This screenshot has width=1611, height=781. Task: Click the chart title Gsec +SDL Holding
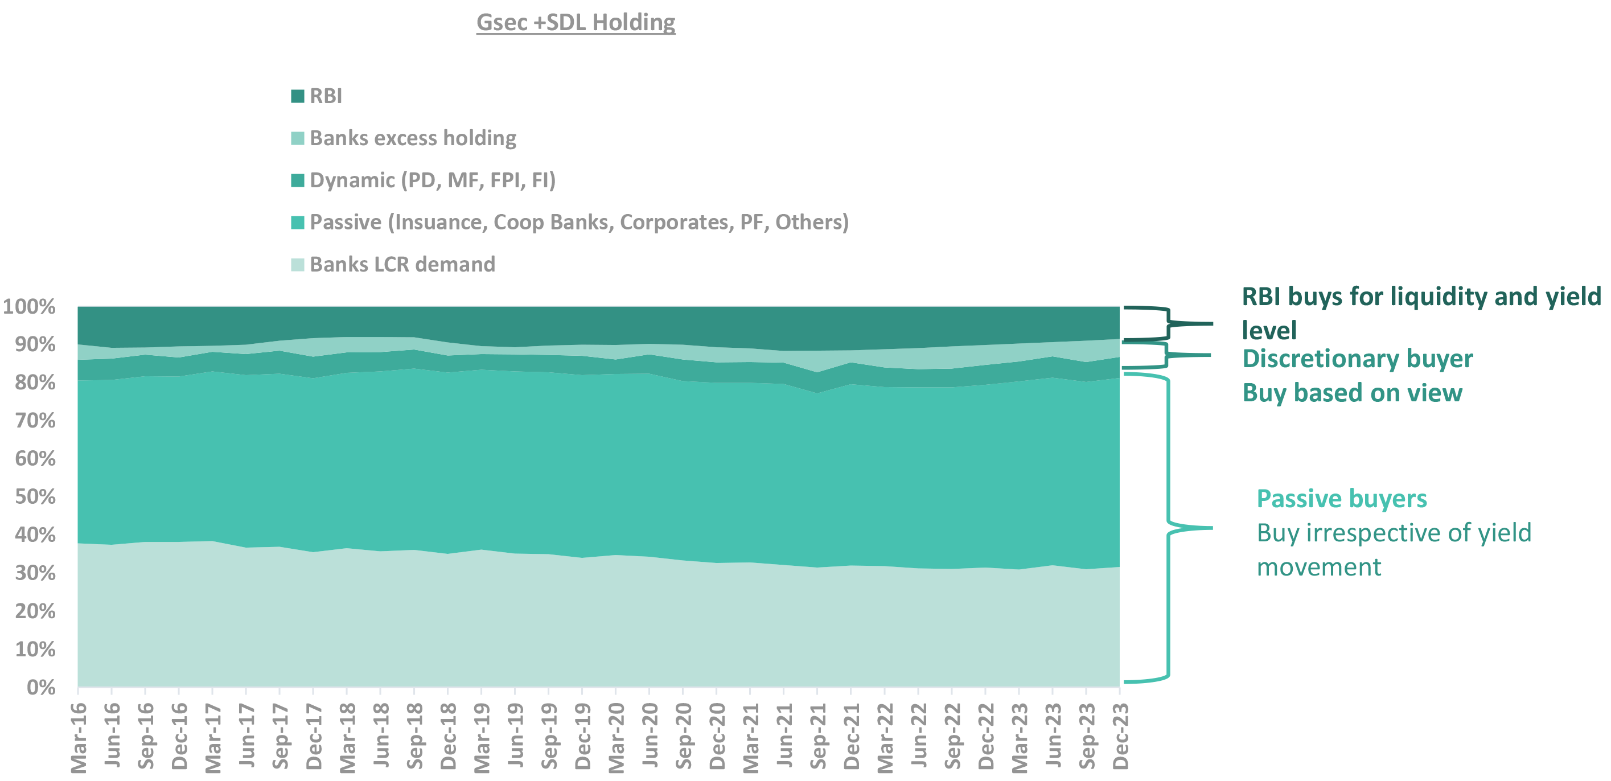(x=576, y=23)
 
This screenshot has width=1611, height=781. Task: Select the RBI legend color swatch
(x=298, y=96)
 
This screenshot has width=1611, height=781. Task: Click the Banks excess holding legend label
(x=413, y=138)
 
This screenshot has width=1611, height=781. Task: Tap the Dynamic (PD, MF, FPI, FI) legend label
(x=432, y=180)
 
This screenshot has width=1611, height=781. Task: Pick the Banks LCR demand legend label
(x=402, y=265)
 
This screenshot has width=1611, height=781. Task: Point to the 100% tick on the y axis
(x=30, y=307)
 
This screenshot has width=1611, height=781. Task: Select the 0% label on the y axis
(x=40, y=687)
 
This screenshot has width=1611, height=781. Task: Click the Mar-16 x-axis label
(x=79, y=737)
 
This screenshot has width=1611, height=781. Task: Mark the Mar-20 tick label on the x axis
(x=617, y=737)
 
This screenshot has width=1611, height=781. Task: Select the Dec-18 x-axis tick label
(x=449, y=737)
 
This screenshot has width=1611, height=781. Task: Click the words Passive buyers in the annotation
(x=1342, y=499)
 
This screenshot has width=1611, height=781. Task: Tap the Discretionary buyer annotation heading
(x=1357, y=359)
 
